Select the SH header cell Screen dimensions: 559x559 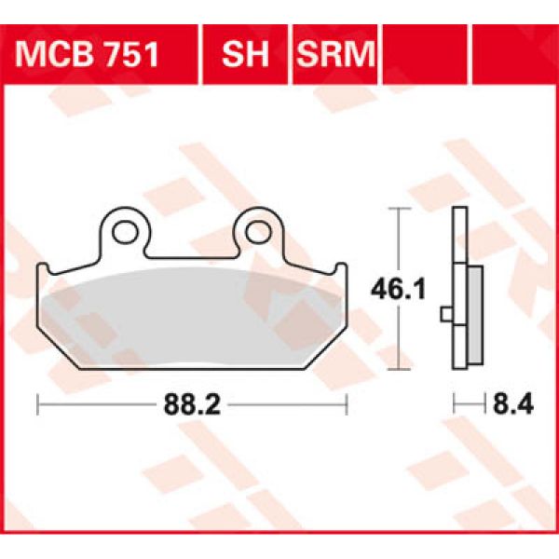point(245,56)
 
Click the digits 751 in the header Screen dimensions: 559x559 point(130,56)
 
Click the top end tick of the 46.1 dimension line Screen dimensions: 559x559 point(399,210)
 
